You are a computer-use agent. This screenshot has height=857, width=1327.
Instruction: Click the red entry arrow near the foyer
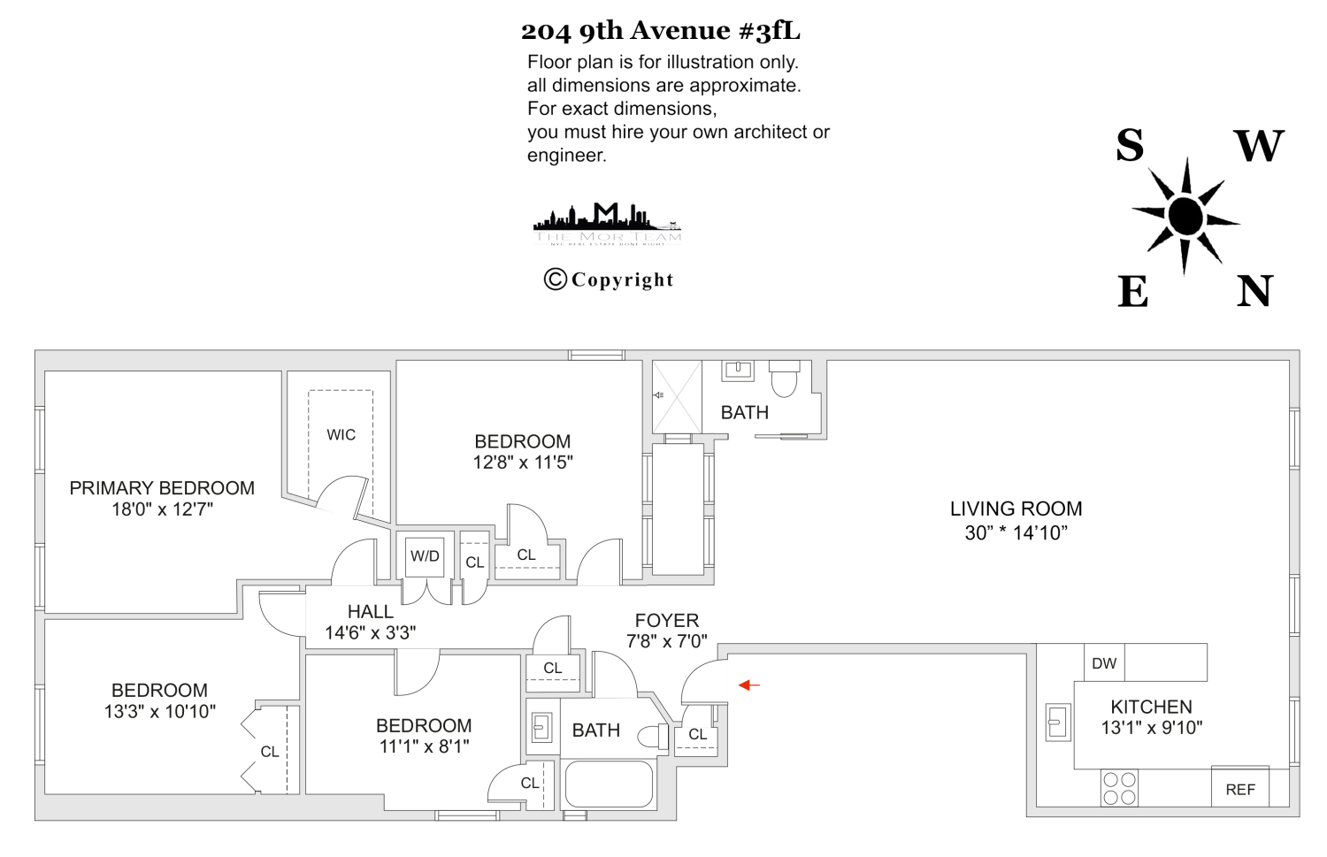748,685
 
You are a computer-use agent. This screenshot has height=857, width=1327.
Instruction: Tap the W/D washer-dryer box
425,556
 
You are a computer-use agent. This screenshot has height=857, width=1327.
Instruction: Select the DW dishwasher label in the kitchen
1104,663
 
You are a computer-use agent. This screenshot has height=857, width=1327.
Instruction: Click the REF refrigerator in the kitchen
1239,789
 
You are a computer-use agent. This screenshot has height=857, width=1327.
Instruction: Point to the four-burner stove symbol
1119,789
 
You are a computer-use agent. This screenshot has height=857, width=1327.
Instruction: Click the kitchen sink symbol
1057,722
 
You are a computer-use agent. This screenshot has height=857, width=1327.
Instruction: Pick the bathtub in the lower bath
609,784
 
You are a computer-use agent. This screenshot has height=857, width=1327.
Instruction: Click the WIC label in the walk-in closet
341,434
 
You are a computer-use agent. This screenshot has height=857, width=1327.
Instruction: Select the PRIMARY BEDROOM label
162,488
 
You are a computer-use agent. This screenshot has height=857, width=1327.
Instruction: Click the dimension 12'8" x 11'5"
523,462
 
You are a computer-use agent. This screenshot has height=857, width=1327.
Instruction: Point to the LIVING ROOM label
1016,509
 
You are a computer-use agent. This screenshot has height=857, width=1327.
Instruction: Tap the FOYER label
667,621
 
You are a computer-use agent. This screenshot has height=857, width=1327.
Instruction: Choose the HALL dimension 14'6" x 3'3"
370,632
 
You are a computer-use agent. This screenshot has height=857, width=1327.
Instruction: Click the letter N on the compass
1254,291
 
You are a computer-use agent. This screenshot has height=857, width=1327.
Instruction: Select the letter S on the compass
1130,146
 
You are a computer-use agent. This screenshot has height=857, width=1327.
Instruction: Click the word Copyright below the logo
622,280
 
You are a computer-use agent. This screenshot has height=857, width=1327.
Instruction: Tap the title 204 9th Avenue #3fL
661,31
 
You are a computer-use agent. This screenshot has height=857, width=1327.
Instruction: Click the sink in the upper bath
738,370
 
